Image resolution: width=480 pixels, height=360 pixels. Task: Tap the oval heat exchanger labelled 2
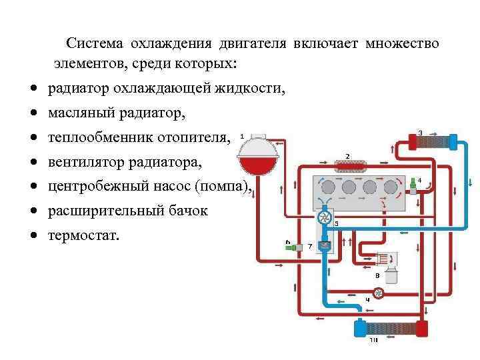(x=348, y=165)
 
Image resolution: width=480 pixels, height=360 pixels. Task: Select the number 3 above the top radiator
(x=420, y=133)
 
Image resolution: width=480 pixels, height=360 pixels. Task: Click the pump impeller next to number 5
(x=324, y=217)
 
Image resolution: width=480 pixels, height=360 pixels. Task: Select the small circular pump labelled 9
(x=377, y=292)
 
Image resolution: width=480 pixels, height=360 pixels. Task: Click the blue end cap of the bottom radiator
(x=359, y=329)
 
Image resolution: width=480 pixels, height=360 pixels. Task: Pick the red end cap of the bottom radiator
(x=421, y=329)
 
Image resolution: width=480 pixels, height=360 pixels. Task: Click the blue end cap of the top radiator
(x=454, y=142)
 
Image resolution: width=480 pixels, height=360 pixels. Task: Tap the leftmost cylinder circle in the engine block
(x=328, y=187)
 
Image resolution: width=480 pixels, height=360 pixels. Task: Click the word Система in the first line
(x=95, y=44)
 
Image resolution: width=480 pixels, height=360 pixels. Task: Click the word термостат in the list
(x=83, y=235)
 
